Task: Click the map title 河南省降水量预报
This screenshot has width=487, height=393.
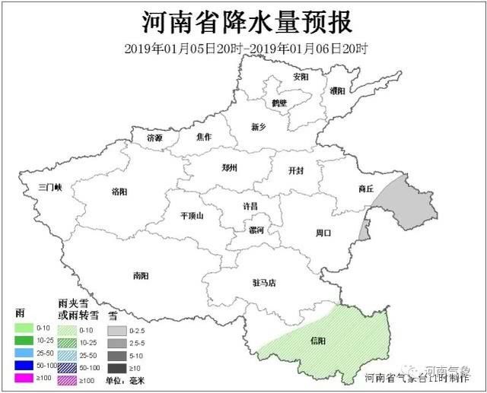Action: pos(243,21)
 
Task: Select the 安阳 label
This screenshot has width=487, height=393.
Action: pos(301,77)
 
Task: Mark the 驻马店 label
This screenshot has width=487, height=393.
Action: pos(264,283)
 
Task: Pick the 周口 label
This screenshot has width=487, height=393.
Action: pos(323,233)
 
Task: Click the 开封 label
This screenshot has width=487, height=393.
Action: pos(296,171)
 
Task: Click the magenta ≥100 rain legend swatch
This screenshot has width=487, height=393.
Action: pos(24,378)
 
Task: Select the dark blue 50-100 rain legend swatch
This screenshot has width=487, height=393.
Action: pos(24,366)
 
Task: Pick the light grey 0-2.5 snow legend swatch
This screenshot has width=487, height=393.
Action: pos(116,330)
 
